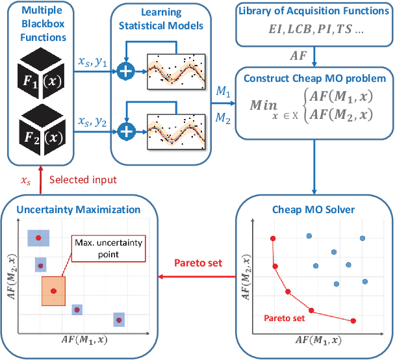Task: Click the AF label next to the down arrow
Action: [x=299, y=56]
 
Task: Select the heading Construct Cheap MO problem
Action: [x=314, y=79]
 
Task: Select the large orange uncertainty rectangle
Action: [x=54, y=290]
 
